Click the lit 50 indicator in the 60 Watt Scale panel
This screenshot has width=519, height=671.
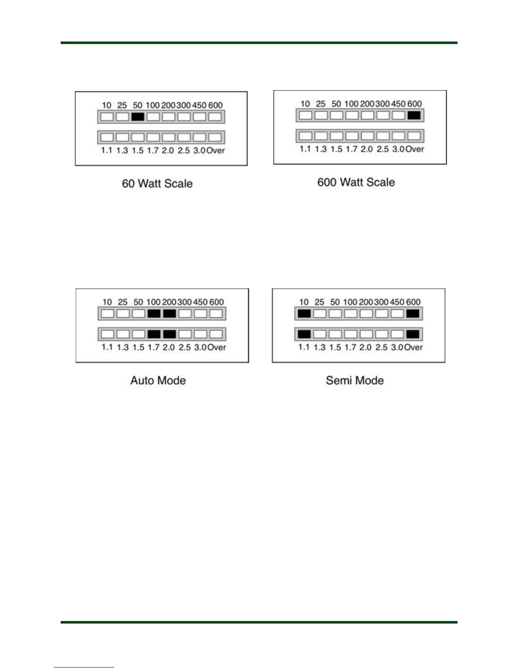tap(138, 116)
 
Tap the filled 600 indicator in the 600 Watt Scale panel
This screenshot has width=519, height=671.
tap(414, 115)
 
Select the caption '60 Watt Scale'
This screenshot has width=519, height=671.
tap(157, 183)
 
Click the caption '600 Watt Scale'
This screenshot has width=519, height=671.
tap(356, 182)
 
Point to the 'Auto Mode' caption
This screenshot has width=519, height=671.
tap(158, 380)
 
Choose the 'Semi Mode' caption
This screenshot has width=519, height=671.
tap(355, 380)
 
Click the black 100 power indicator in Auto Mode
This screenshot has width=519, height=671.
tap(154, 313)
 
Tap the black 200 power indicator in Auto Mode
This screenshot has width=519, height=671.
tap(169, 313)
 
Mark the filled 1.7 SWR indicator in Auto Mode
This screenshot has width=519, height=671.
tap(154, 334)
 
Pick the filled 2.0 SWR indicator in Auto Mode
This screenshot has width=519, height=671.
tap(169, 334)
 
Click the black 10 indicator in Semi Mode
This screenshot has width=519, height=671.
tap(304, 313)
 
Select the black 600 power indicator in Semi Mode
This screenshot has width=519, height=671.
tap(413, 313)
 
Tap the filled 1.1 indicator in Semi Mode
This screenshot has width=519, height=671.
tap(304, 334)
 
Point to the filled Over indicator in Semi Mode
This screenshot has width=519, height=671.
tap(413, 334)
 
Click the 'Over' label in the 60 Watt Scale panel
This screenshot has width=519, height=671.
tap(215, 150)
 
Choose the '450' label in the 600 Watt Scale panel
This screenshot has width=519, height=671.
tap(398, 104)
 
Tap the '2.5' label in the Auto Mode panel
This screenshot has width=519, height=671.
tap(184, 347)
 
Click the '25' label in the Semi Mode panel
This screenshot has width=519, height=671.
tap(319, 302)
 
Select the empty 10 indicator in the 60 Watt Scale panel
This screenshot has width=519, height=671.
tap(107, 116)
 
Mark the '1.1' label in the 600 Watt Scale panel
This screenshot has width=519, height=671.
tap(305, 149)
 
